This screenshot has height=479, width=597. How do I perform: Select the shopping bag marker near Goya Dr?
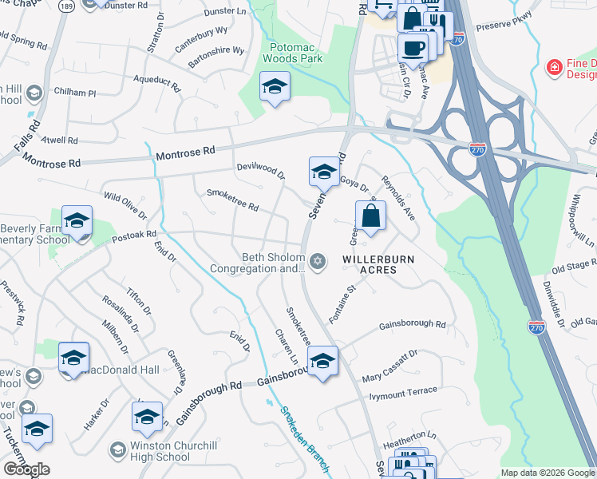click(x=371, y=216)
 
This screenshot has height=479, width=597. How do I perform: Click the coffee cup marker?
click(x=413, y=48)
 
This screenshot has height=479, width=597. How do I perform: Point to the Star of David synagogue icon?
click(x=318, y=262)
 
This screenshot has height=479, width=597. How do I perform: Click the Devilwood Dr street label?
click(x=260, y=170)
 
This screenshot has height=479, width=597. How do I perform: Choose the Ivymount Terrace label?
click(x=403, y=392)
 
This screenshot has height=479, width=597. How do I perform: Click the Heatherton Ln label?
click(x=411, y=436)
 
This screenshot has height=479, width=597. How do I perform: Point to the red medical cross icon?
click(x=553, y=68)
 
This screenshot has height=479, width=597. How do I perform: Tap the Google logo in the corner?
click(x=26, y=469)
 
